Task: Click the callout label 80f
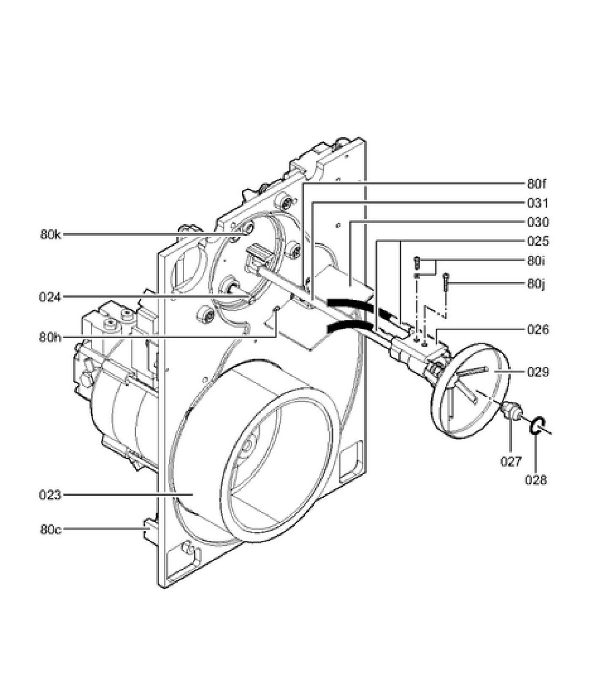[x=536, y=184]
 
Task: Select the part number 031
[x=538, y=203]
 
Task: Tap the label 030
[x=538, y=222]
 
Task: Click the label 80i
[x=536, y=261]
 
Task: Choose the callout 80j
[x=536, y=284]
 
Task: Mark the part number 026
[x=538, y=329]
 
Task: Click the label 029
[x=538, y=372]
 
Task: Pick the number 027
[x=511, y=461]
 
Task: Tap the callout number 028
[x=536, y=480]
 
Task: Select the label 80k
[x=51, y=235]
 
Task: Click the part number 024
[x=50, y=297]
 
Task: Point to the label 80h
[x=50, y=337]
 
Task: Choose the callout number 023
[x=50, y=494]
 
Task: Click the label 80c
[x=51, y=529]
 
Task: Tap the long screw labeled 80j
[x=446, y=285]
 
